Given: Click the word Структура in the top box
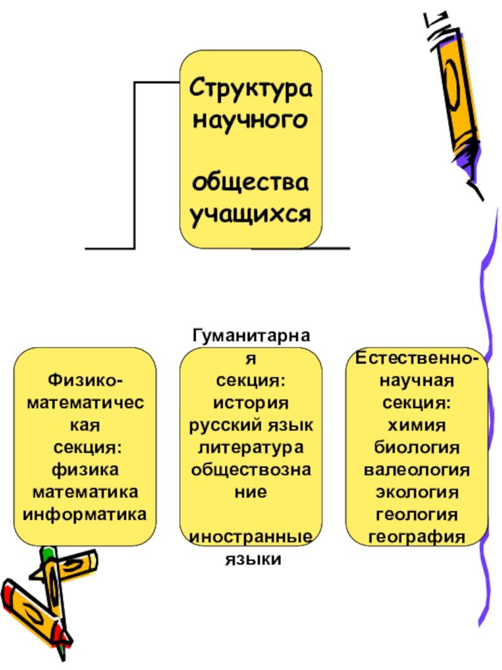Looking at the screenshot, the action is pos(251,87).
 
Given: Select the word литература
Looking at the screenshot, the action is pos(251,447).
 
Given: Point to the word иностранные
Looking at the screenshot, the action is pos(251,538).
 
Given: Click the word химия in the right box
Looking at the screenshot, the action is pos(417,424).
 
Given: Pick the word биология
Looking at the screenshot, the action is pos(417,446).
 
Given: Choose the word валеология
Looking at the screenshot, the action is pos(417,469).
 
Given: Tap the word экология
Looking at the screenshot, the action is pos(417,492).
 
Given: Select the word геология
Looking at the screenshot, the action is pos(417,514).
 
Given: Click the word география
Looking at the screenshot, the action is pos(417,537).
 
